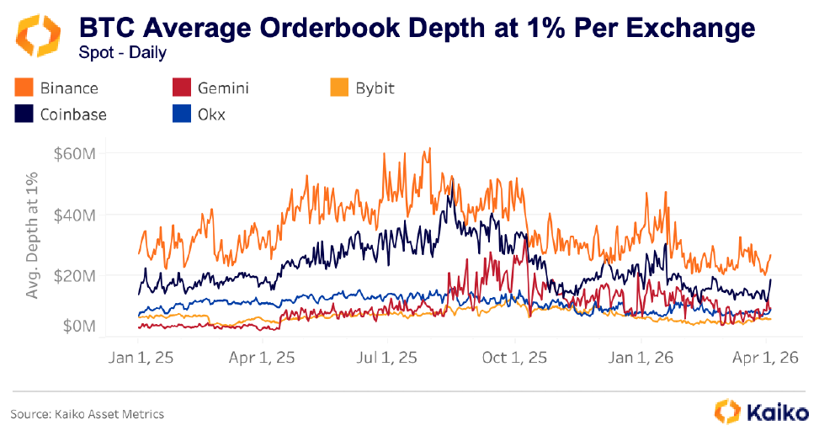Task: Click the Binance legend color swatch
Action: (x=24, y=88)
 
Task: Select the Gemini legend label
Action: (x=223, y=88)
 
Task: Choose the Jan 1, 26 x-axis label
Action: (x=640, y=357)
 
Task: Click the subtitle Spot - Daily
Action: (x=123, y=53)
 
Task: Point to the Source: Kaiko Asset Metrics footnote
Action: (x=88, y=413)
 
